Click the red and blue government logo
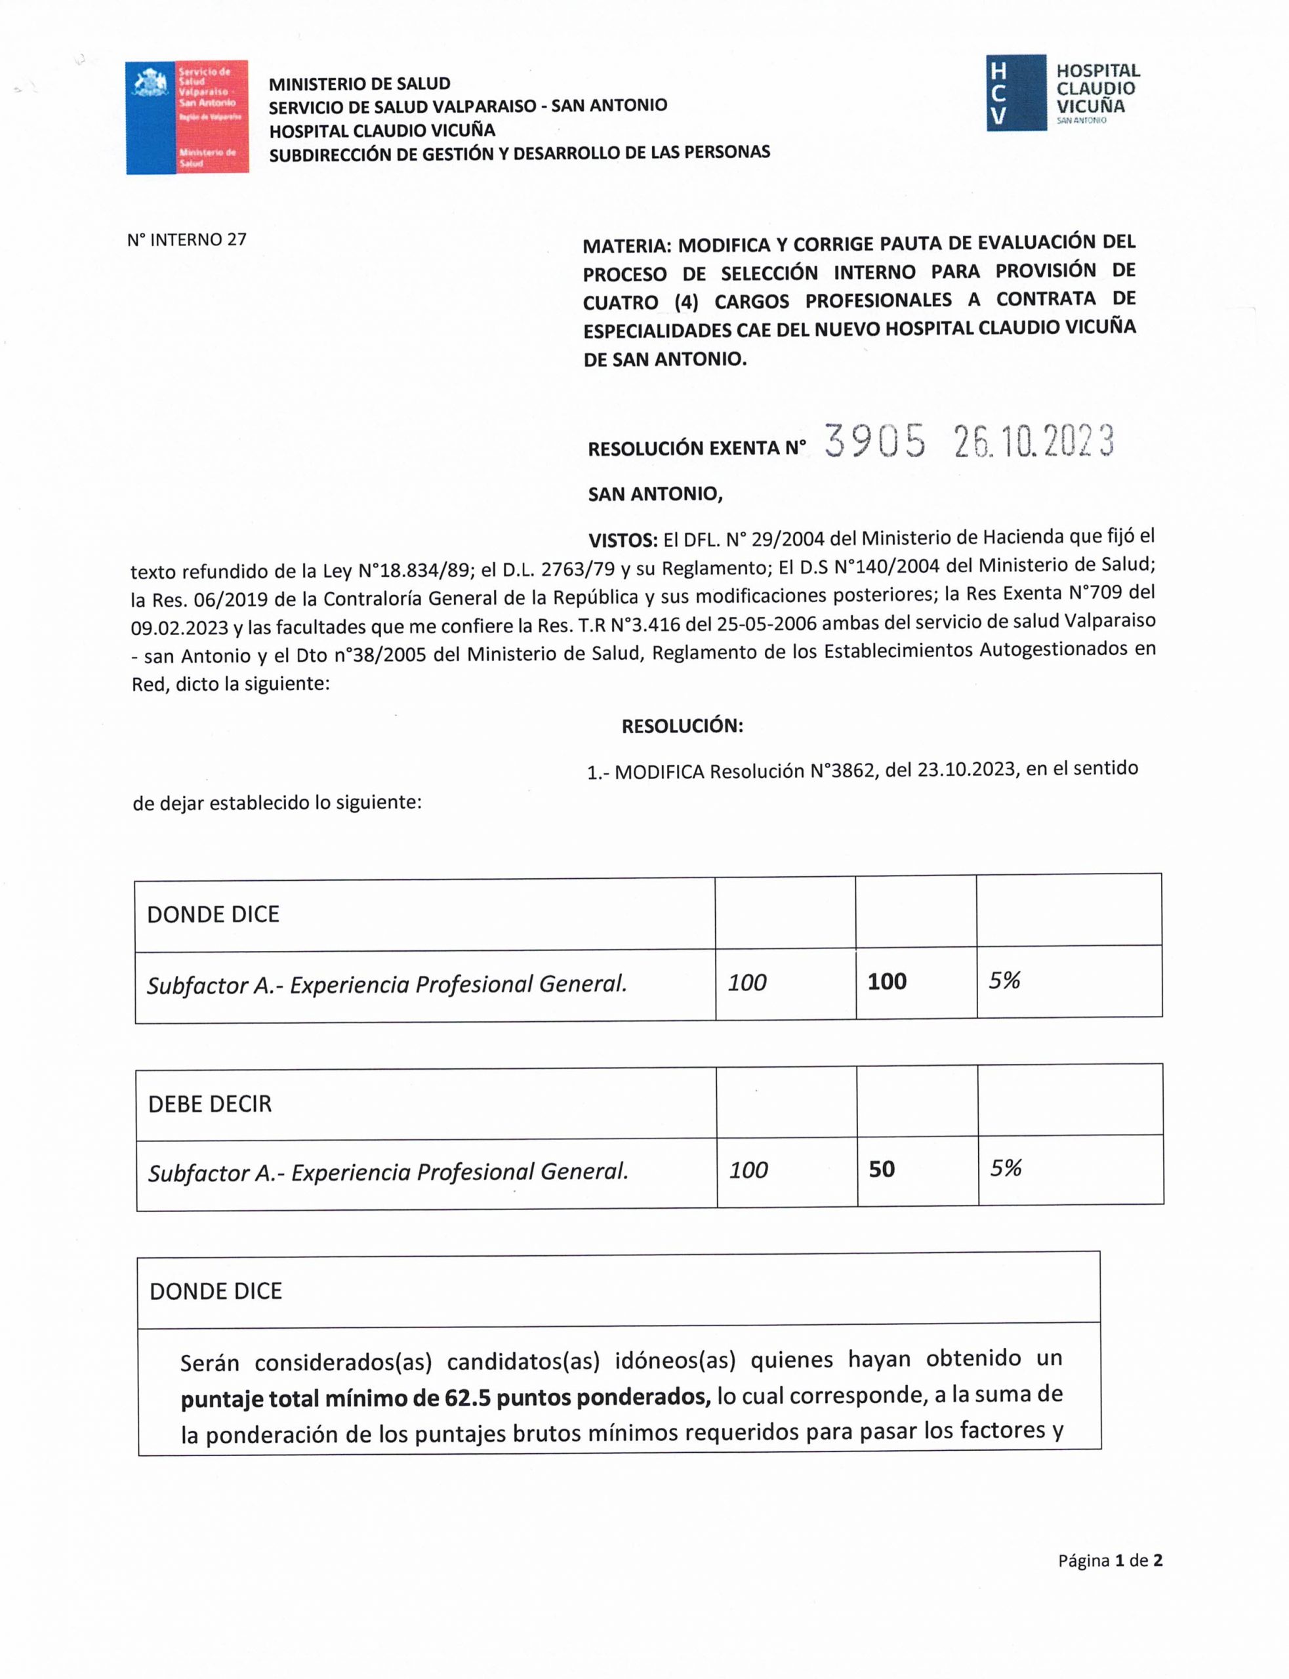click(x=186, y=117)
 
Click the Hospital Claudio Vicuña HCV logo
click(x=1063, y=93)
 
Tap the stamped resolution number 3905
click(x=874, y=442)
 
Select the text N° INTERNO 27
click(x=186, y=239)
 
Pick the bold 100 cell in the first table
click(x=887, y=981)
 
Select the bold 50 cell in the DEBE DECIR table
click(x=882, y=1169)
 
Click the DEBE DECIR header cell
click(x=209, y=1104)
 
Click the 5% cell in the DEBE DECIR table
click(x=1005, y=1168)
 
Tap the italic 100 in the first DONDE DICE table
click(x=747, y=982)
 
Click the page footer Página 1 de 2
click(x=1109, y=1561)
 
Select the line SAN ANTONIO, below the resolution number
click(x=655, y=494)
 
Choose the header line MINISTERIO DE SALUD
click(x=359, y=83)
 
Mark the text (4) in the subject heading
click(x=686, y=302)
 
